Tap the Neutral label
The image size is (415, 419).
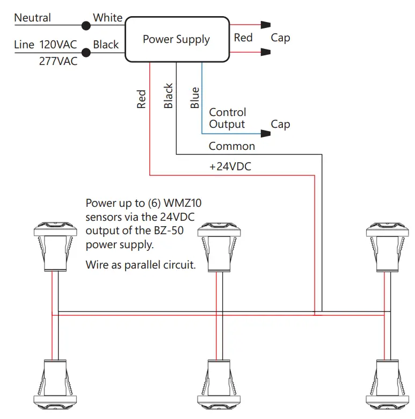click(33, 18)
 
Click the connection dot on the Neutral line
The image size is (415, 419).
click(85, 25)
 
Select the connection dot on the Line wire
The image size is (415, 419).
click(85, 52)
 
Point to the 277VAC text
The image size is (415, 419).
click(58, 61)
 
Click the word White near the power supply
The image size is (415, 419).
click(107, 18)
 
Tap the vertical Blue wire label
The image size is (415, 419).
click(195, 98)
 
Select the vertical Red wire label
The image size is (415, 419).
click(142, 99)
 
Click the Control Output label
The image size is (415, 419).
click(227, 118)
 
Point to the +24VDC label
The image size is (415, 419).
click(230, 167)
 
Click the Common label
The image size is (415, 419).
click(231, 146)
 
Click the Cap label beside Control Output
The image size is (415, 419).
click(280, 124)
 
